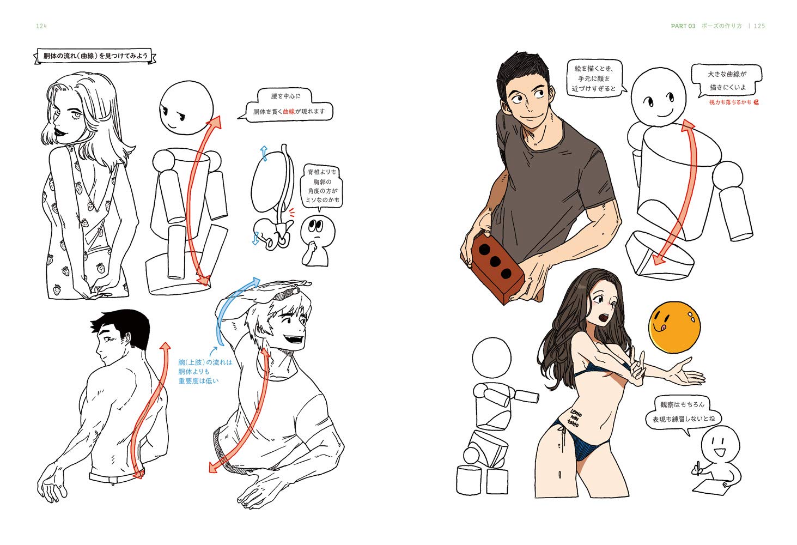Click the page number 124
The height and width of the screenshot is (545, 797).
(x=41, y=26)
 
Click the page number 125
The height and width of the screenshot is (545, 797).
(x=759, y=26)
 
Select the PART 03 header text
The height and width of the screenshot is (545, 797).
(x=683, y=26)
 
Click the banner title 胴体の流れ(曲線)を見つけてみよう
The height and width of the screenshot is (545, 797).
(x=95, y=56)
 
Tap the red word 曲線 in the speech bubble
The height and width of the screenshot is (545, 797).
(x=289, y=111)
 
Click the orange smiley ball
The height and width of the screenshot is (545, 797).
(x=674, y=327)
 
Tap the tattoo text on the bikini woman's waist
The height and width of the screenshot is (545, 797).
(x=574, y=417)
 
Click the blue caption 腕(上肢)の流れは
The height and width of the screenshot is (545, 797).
(x=205, y=362)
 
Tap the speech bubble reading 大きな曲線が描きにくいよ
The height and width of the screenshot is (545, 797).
(x=727, y=81)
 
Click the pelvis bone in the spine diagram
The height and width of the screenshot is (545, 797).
(x=272, y=233)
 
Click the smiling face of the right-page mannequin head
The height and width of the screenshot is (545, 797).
(x=659, y=102)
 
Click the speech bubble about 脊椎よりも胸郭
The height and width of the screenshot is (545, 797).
(x=322, y=186)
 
